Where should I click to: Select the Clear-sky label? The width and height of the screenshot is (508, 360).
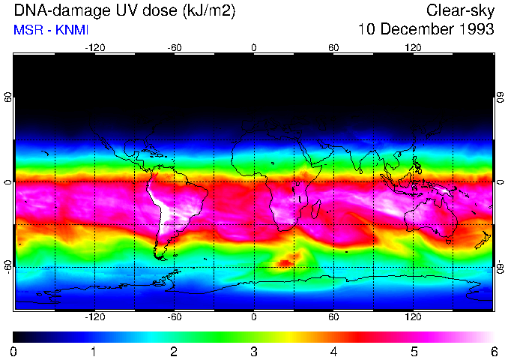click(x=460, y=10)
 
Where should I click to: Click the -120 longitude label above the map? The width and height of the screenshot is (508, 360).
click(x=94, y=46)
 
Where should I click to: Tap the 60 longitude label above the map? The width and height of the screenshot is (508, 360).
click(x=333, y=46)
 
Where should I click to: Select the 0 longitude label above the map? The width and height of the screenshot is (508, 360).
click(x=254, y=46)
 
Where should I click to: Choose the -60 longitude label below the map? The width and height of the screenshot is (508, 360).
click(x=174, y=317)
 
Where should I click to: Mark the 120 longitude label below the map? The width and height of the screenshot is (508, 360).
click(x=413, y=317)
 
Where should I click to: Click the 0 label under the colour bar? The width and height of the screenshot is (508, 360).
click(x=14, y=351)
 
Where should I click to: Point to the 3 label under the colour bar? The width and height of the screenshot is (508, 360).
click(x=254, y=351)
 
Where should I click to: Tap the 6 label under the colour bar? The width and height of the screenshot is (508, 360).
click(x=493, y=351)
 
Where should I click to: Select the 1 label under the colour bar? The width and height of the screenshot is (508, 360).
click(x=94, y=351)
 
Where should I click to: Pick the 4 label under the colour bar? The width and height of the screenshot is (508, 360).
click(x=333, y=351)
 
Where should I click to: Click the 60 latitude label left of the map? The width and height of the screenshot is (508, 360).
click(x=8, y=97)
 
